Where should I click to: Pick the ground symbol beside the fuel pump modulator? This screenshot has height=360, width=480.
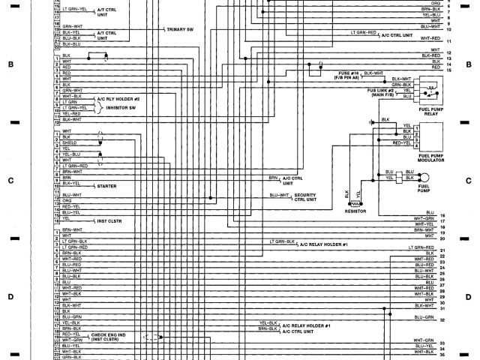371,121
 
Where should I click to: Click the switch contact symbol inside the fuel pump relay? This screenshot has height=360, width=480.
431,92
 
